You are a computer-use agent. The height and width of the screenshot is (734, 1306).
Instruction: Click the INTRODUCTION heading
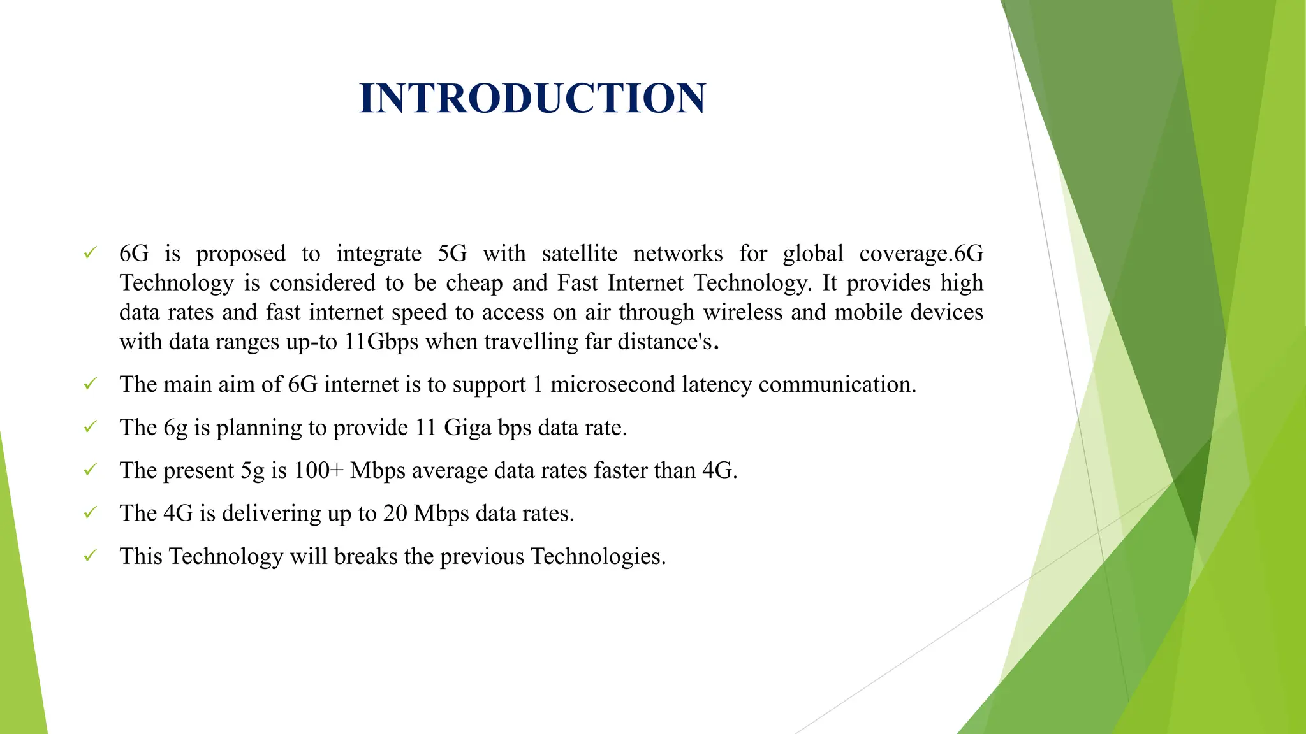[532, 98]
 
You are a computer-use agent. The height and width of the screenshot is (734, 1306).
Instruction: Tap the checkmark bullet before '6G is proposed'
[90, 253]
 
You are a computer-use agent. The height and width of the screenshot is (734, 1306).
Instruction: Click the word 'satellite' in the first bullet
[579, 254]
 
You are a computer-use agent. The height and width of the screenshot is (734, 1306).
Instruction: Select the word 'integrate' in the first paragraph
[379, 254]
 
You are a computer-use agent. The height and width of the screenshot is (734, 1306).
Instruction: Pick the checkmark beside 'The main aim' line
[90, 384]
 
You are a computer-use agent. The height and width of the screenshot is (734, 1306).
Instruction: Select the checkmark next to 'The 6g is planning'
[90, 426]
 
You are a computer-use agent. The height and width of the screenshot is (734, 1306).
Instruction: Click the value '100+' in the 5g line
[319, 470]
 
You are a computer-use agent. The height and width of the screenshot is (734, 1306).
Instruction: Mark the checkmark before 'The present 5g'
[90, 470]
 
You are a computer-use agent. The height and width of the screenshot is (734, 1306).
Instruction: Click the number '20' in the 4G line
[395, 513]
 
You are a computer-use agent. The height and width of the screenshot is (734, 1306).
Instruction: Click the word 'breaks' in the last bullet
[365, 556]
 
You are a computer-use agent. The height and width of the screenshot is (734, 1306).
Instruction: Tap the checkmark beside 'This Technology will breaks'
[90, 555]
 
